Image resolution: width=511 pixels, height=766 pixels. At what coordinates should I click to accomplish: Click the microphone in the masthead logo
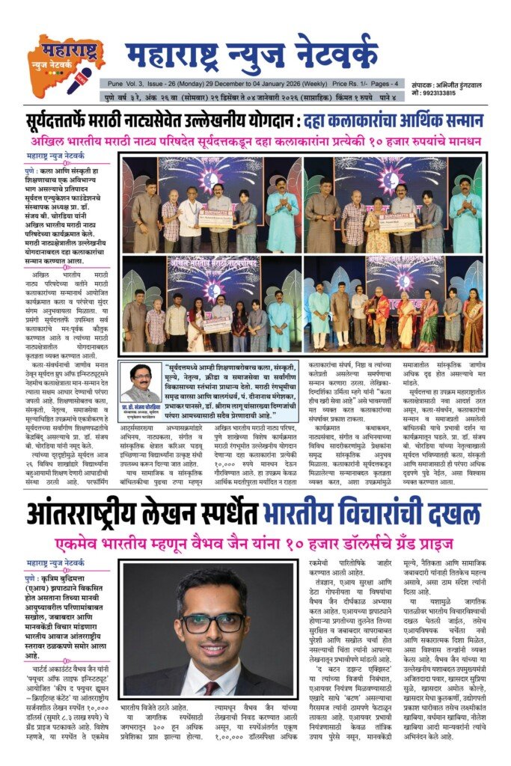(79, 79)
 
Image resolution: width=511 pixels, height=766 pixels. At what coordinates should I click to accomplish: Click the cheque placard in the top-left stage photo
(216, 218)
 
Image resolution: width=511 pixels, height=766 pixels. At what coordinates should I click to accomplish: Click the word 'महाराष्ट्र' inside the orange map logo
(60, 52)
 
